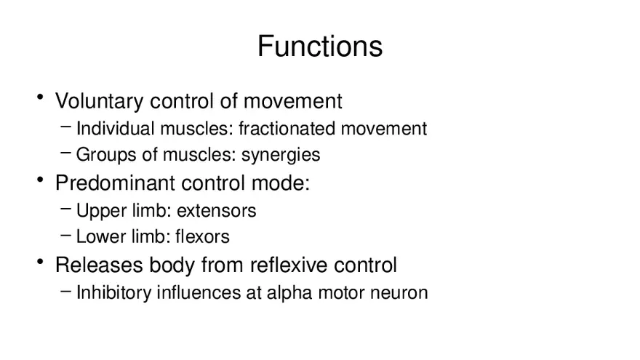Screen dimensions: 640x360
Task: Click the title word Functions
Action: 320,46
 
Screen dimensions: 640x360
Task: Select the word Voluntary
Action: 99,101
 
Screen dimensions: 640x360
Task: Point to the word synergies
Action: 281,155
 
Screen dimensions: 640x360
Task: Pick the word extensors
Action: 216,211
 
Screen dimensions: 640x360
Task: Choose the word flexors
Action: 202,236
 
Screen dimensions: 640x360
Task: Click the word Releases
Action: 99,265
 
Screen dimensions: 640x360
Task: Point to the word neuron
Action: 399,293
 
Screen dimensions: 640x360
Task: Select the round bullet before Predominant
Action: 40,179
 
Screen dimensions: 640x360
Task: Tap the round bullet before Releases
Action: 40,261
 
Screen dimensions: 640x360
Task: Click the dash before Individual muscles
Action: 65,127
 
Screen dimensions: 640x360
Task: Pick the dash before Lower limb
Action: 65,235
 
